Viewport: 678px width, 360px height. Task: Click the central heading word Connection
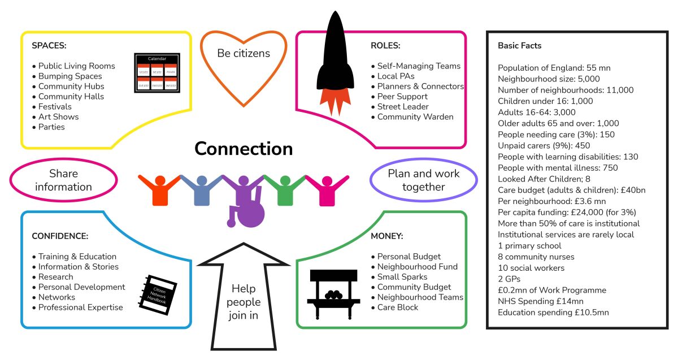244,149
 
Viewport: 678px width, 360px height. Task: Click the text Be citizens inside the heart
244,54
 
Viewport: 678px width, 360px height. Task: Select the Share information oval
63,180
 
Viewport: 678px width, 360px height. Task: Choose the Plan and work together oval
424,180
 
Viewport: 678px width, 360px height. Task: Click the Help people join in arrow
244,300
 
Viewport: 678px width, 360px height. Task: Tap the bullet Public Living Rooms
76,66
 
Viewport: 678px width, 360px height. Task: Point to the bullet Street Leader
402,107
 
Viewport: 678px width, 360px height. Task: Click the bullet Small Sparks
402,277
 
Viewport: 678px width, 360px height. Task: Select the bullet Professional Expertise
80,307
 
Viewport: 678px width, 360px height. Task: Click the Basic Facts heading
520,46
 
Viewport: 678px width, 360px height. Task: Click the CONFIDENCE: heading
60,236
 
